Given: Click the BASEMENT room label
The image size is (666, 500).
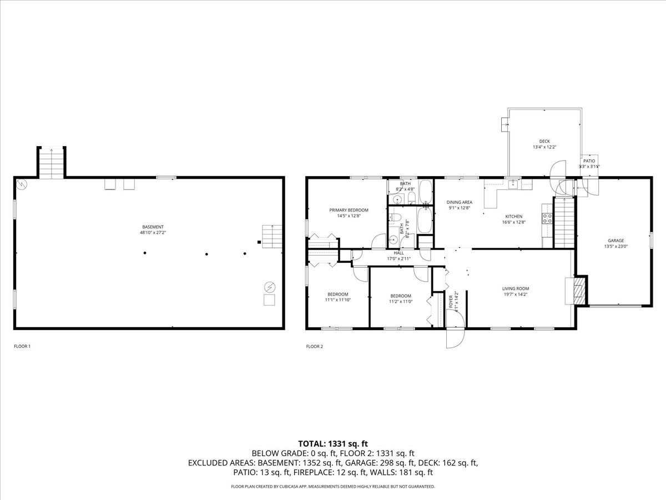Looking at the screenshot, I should pyautogui.click(x=153, y=227).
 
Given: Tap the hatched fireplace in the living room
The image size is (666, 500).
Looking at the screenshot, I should pyautogui.click(x=579, y=290).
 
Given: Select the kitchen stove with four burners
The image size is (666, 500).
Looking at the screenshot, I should pyautogui.click(x=547, y=218).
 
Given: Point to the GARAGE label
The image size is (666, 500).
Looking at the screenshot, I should pyautogui.click(x=615, y=241).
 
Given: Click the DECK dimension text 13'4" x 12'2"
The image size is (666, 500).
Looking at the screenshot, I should pyautogui.click(x=544, y=147).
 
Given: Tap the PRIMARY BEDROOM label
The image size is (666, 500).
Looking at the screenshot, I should pyautogui.click(x=349, y=210).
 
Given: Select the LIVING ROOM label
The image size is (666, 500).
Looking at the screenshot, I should pyautogui.click(x=516, y=288).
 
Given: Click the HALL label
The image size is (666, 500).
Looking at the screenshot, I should pyautogui.click(x=398, y=253).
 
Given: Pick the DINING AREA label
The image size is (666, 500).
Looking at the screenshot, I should pyautogui.click(x=460, y=202).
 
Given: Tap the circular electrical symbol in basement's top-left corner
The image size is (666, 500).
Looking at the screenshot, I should pyautogui.click(x=21, y=184).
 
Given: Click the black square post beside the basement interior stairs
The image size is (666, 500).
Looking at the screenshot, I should pyautogui.click(x=259, y=242).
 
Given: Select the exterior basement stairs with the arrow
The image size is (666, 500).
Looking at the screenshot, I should pyautogui.click(x=52, y=163).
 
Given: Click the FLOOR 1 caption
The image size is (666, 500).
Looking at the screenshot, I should pyautogui.click(x=22, y=347).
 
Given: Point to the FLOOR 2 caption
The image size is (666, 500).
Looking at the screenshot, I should pyautogui.click(x=314, y=347).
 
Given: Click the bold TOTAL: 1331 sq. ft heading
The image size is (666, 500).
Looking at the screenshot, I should pyautogui.click(x=333, y=443).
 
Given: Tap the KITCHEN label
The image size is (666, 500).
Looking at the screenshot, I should pyautogui.click(x=513, y=216).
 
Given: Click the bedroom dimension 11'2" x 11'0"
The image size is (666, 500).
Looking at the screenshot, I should pyautogui.click(x=400, y=302).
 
